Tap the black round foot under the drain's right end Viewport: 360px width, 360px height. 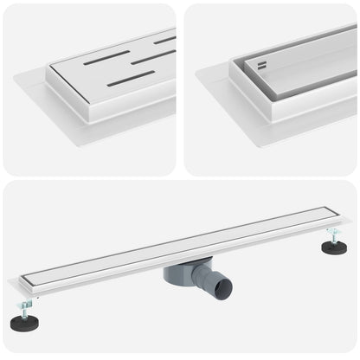[334, 247]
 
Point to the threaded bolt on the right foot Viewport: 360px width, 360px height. [331, 235]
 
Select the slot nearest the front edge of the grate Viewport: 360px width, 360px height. [130, 79]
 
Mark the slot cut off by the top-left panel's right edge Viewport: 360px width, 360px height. [165, 39]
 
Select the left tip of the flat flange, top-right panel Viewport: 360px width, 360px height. [198, 73]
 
